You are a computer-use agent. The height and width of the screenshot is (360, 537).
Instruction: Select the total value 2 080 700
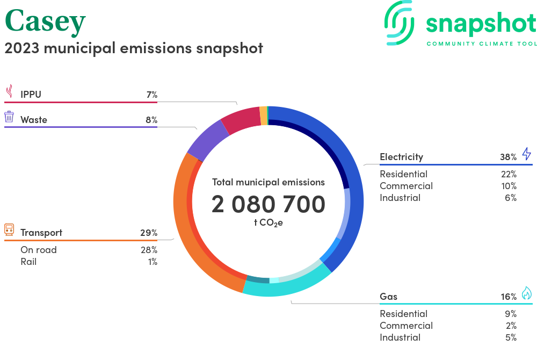click(x=268, y=205)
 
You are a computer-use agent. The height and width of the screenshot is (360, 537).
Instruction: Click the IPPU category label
click(x=31, y=95)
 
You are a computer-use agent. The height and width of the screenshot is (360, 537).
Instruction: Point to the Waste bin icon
click(x=9, y=117)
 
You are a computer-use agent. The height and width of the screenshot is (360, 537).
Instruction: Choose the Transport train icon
click(x=9, y=231)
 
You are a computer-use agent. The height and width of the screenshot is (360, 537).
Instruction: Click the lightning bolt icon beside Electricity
click(x=526, y=154)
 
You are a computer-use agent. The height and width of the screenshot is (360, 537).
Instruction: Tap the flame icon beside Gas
click(x=526, y=293)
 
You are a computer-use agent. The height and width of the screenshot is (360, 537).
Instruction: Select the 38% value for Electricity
click(x=508, y=157)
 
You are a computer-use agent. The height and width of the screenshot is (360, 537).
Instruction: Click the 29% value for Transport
click(x=148, y=233)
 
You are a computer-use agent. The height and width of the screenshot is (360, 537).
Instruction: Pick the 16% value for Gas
click(x=508, y=297)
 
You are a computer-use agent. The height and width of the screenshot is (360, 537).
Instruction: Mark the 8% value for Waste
click(x=151, y=120)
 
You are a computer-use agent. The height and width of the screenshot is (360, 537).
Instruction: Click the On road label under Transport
click(x=39, y=250)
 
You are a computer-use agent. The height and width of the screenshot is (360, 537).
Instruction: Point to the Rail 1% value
click(x=153, y=262)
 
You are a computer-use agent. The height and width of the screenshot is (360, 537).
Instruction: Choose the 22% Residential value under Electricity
click(x=509, y=174)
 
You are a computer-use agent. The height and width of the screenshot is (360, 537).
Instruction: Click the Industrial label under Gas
click(x=400, y=337)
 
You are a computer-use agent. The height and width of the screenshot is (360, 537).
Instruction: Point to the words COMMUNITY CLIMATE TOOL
click(x=481, y=44)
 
